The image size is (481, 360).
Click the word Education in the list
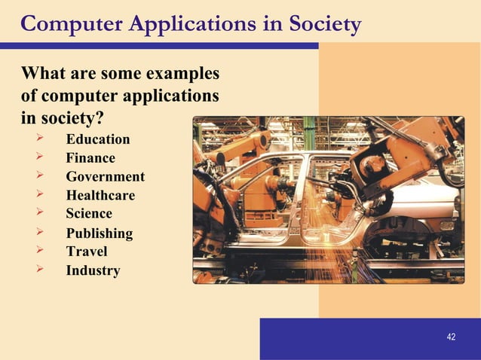coord(97,139)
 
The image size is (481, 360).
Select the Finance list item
coord(90,158)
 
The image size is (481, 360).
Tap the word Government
coord(105,177)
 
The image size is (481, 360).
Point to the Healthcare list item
coord(100,196)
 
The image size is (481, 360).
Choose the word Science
coord(88,214)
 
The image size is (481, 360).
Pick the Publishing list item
coord(99,233)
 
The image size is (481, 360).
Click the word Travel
coord(86,252)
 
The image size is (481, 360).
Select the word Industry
coord(92,270)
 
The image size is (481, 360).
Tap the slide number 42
coord(451,337)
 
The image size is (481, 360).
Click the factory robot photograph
coord(328,200)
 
